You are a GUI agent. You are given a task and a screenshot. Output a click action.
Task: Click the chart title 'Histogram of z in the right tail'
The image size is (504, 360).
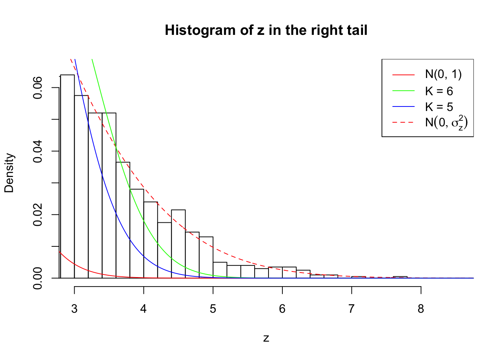(266, 30)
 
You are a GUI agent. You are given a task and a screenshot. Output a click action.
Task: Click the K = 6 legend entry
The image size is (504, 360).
(439, 91)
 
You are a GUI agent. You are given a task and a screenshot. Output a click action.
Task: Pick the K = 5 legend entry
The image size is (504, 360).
(439, 107)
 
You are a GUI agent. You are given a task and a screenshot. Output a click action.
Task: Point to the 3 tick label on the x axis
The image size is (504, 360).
(74, 309)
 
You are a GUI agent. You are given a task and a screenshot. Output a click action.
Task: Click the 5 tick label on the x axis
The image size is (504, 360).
(213, 309)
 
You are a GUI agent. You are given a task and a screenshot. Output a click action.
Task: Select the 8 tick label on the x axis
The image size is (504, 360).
(421, 309)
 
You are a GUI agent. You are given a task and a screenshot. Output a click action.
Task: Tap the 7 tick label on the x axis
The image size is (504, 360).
(351, 309)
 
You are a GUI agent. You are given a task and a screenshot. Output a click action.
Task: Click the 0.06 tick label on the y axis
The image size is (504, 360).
(38, 88)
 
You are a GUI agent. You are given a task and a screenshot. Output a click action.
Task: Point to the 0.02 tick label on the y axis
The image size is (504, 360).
(38, 215)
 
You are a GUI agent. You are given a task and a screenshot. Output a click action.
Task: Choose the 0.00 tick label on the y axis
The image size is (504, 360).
(38, 278)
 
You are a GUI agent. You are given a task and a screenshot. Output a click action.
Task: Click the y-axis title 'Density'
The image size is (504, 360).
(9, 173)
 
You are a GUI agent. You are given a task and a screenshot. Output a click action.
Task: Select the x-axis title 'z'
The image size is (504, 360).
(266, 338)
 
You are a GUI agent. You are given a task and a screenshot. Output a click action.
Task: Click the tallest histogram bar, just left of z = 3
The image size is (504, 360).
(67, 176)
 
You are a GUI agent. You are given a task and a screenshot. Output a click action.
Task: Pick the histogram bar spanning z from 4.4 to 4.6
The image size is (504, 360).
(178, 244)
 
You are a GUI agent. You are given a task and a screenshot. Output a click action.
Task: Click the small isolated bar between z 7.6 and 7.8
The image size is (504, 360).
(400, 277)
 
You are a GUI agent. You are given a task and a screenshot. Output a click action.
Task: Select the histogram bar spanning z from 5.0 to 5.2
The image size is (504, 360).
(220, 270)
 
